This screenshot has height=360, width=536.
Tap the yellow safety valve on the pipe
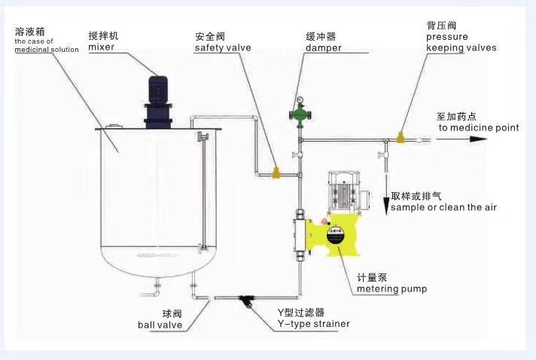[x=276, y=173]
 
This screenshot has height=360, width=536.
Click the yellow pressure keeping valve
[x=400, y=138]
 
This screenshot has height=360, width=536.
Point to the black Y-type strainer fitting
[x=245, y=300]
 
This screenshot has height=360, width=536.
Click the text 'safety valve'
[x=219, y=47]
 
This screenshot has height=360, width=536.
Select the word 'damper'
[x=323, y=47]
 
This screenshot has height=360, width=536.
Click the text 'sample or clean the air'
[x=444, y=207]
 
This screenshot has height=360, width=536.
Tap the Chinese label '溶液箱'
[x=28, y=32]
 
